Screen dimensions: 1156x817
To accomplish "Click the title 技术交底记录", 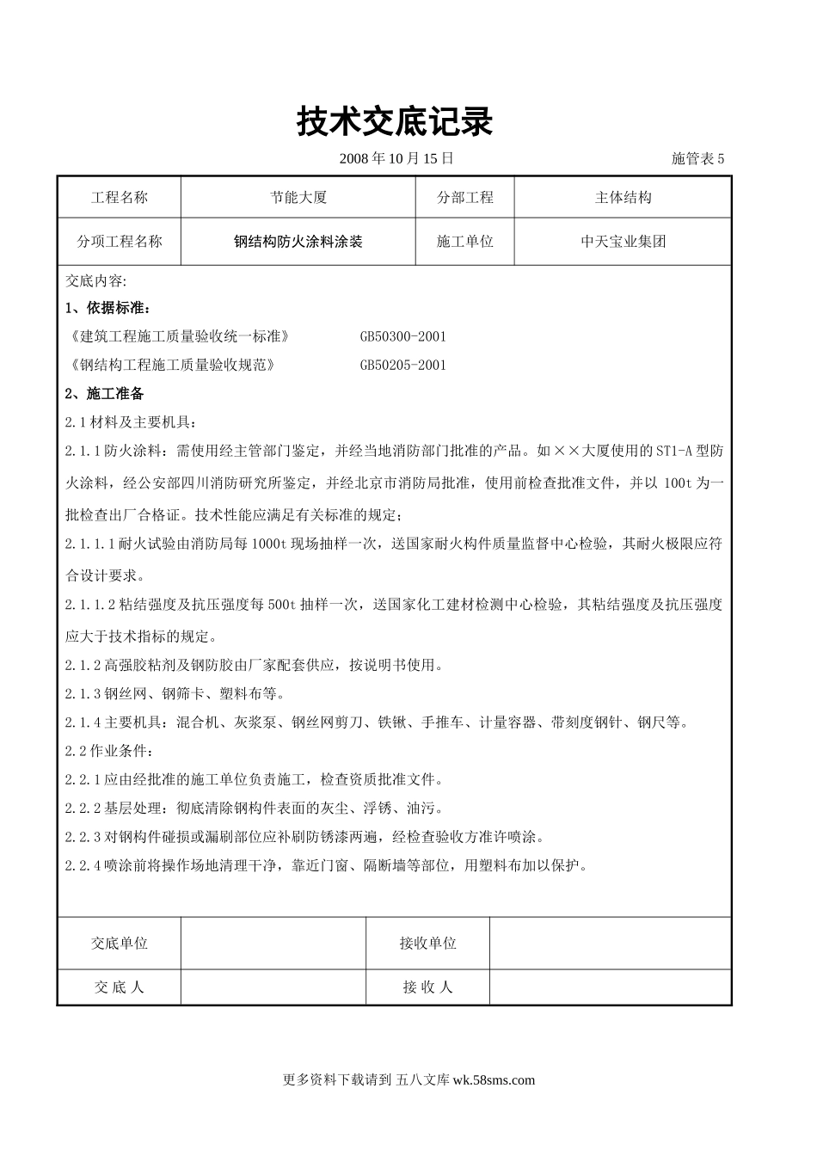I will [395, 121].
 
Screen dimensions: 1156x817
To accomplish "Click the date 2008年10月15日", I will [396, 158].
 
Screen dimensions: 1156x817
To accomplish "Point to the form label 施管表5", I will [697, 158].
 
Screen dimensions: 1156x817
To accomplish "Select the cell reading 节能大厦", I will [298, 198].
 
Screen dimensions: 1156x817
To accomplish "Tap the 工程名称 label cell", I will [120, 198].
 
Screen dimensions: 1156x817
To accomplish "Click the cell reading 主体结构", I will [623, 198].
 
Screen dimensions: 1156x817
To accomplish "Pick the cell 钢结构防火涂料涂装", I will [298, 242].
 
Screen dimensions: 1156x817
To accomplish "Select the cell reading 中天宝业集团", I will [623, 242].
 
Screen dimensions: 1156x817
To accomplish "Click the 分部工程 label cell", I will [465, 198].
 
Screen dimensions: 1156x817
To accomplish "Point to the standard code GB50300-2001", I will [402, 336].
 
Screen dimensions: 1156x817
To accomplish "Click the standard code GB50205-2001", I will [402, 365].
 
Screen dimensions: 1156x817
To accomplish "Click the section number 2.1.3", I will [83, 694].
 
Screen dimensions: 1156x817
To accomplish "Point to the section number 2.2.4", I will [83, 865].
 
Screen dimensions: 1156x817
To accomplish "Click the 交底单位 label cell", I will [120, 944].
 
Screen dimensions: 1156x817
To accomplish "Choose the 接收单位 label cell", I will [427, 944].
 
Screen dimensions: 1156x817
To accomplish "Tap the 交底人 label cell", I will [120, 987].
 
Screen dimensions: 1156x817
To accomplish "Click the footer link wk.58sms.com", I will [493, 1080].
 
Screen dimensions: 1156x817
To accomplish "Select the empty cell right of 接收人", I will [610, 987].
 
